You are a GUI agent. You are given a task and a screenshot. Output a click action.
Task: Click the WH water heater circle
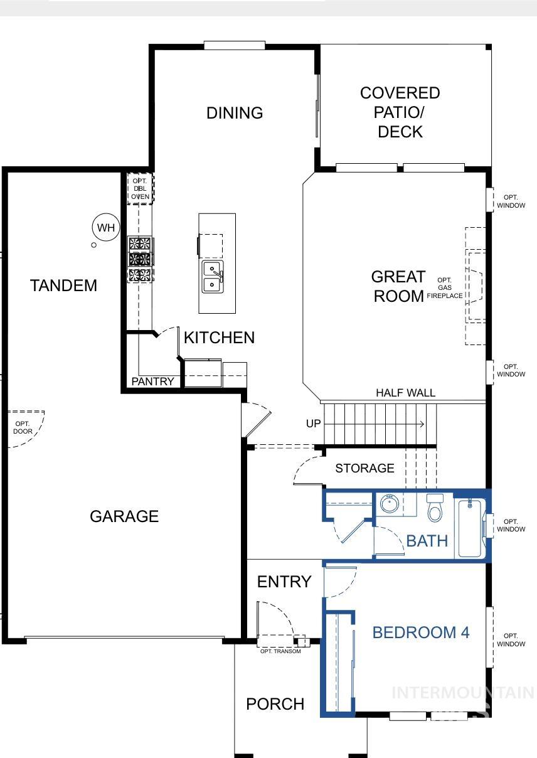pyautogui.click(x=106, y=227)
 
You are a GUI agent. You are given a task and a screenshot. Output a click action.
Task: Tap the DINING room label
pyautogui.click(x=235, y=113)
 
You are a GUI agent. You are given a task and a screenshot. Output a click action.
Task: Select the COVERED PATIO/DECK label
pyautogui.click(x=400, y=112)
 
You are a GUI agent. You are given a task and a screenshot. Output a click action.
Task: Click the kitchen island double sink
pyautogui.click(x=213, y=277)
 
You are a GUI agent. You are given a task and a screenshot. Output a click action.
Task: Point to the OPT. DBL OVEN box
pyautogui.click(x=140, y=189)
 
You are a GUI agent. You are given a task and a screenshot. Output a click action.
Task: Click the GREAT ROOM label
pyautogui.click(x=398, y=286)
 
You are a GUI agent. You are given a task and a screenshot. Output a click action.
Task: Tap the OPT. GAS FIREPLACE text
pyautogui.click(x=445, y=287)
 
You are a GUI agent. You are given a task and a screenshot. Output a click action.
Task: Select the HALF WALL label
pyautogui.click(x=405, y=393)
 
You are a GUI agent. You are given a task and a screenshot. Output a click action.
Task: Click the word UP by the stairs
pyautogui.click(x=314, y=424)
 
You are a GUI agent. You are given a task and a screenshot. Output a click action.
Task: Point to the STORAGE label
pyautogui.click(x=364, y=468)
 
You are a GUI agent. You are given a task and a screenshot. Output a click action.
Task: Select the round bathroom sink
pyautogui.click(x=390, y=503)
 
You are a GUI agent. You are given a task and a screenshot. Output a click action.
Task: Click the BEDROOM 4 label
pyautogui.click(x=420, y=632)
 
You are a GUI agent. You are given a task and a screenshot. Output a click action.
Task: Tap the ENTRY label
pyautogui.click(x=284, y=582)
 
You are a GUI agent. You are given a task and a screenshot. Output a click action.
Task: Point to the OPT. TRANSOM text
pyautogui.click(x=280, y=651)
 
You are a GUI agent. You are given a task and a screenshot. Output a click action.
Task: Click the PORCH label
pyautogui.click(x=275, y=704)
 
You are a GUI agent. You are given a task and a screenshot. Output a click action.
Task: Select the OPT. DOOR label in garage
pyautogui.click(x=23, y=427)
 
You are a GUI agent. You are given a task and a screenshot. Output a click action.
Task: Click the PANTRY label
pyautogui.click(x=152, y=382)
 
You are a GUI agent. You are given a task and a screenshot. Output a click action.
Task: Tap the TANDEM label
pyautogui.click(x=64, y=286)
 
